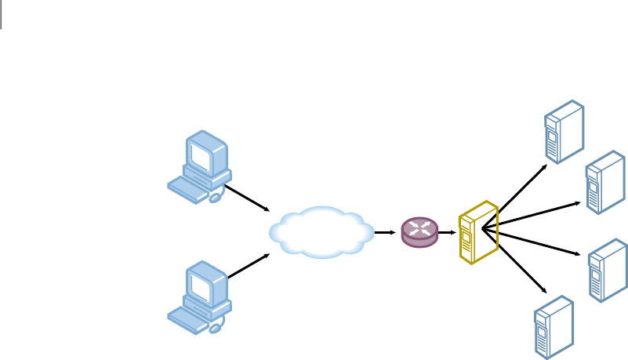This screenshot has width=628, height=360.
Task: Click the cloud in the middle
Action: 321,232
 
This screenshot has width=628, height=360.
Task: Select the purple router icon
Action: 419,232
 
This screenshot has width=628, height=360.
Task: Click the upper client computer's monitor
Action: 205,156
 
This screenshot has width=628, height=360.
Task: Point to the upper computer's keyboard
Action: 188,187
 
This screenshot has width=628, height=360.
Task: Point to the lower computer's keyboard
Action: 188,315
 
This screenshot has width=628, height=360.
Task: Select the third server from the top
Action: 608,271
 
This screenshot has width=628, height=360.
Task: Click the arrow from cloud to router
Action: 384,232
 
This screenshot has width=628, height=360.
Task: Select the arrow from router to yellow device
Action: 446,232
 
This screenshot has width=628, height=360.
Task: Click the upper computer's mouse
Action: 216,198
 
